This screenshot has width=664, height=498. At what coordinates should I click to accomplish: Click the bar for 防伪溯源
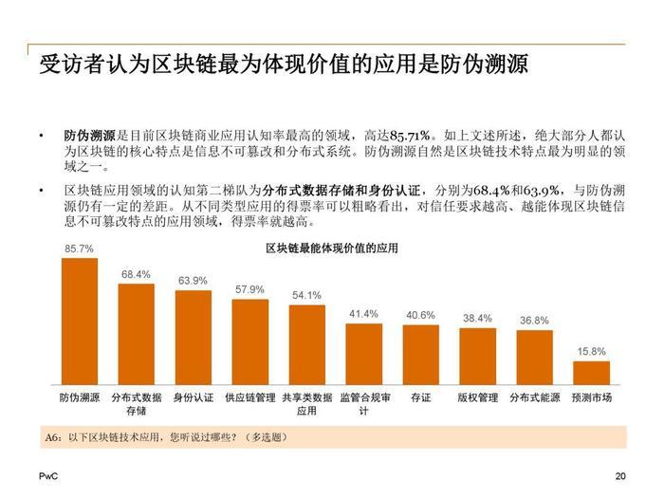80,320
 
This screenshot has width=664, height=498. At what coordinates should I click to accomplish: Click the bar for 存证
420,353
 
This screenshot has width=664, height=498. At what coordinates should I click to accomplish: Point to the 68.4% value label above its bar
136,274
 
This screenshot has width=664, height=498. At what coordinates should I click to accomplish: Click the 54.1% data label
306,295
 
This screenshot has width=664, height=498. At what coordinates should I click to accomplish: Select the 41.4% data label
363,314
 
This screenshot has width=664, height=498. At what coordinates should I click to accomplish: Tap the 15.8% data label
591,351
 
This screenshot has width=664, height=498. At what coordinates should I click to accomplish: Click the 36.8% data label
534,321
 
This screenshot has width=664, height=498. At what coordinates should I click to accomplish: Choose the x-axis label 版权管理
477,397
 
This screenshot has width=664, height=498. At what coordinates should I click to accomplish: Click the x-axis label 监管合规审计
365,404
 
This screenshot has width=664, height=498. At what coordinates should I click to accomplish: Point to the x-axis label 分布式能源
535,397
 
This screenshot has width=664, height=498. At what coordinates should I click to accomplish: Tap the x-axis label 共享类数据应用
306,404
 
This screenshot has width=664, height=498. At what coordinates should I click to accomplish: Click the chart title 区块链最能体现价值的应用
332,249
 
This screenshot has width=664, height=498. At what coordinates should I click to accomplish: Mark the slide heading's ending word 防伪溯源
486,65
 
